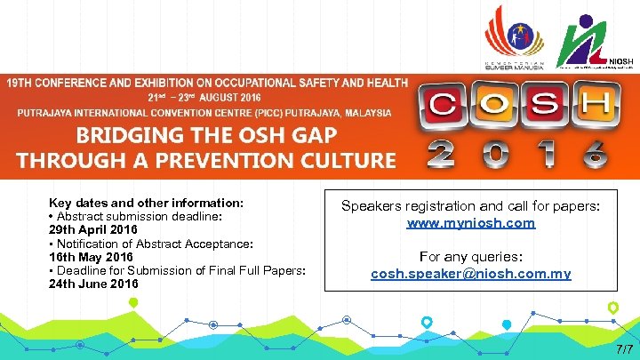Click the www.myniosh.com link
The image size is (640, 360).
coord(471,224)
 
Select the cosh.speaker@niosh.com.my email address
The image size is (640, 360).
coord(471,274)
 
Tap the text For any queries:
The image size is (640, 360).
coord(471,257)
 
